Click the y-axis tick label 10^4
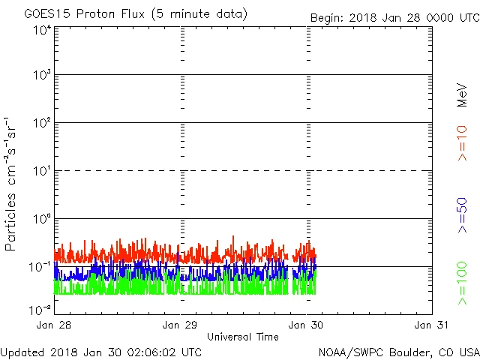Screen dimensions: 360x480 click(42, 30)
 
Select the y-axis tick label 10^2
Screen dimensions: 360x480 click(42, 123)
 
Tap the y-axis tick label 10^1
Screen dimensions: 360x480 click(42, 171)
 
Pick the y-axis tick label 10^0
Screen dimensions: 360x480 click(42, 219)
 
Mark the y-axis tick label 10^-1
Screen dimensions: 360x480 click(40, 267)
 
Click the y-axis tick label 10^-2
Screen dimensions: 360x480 click(40, 308)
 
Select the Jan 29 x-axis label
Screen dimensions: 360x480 click(181, 325)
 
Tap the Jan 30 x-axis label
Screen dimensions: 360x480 click(307, 325)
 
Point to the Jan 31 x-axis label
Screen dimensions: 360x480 click(431, 325)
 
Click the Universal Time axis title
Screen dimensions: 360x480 click(243, 337)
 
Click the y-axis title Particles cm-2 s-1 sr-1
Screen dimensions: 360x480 click(13, 184)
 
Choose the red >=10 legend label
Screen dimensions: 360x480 click(463, 142)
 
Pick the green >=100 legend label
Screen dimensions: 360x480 click(463, 283)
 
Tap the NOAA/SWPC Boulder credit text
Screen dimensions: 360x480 click(397, 352)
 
